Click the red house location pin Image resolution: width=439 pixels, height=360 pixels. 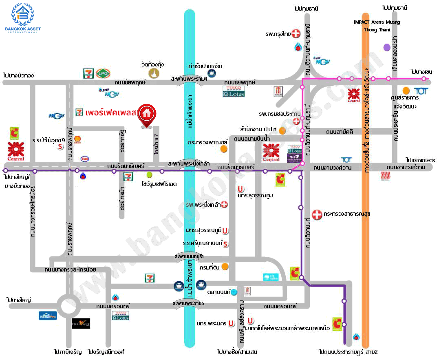[x=146, y=115]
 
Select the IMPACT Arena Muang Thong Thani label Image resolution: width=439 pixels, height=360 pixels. [x=376, y=26]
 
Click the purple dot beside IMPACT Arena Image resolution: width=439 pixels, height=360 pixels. [x=386, y=47]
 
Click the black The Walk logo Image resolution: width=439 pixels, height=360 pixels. [x=81, y=323]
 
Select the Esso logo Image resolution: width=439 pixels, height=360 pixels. [x=85, y=159]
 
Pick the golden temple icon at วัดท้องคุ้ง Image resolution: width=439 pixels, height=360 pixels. [x=153, y=73]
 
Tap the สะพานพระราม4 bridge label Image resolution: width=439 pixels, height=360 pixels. [x=189, y=79]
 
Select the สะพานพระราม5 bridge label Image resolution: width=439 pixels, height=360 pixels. [x=188, y=304]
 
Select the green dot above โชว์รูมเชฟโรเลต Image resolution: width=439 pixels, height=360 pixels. [x=150, y=174]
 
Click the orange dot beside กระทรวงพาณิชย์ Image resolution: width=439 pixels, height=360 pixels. [x=223, y=149]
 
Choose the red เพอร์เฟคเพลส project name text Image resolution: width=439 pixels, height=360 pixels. [x=110, y=113]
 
